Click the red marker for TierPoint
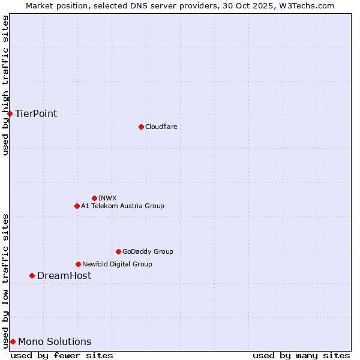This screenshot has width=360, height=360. coord(10,113)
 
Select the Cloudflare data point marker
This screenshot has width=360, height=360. coord(141,127)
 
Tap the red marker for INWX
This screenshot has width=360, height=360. coord(94,198)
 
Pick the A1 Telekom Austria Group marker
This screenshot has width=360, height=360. coord(77,206)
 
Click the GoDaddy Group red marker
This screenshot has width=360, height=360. coord(118,251)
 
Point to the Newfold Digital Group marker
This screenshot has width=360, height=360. coord(78,264)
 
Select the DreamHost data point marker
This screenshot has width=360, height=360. coord(32,275)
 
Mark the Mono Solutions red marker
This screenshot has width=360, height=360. coord(13,341)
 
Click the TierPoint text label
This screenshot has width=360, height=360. coord(36,114)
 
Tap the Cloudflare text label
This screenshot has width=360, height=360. coord(161,127)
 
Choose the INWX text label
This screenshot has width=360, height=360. coord(107,198)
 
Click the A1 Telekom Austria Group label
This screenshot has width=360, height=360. coord(122,206)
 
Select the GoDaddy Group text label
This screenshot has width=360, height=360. coord(148,251)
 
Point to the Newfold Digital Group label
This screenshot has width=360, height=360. coord(117,264)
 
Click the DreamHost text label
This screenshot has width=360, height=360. coord(64,276)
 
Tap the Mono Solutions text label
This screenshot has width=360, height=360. coord(55,342)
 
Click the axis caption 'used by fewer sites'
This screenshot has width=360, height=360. coord(62,355)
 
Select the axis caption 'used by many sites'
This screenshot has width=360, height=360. coord(301,355)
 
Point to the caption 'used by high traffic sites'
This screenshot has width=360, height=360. coord(6,85)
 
